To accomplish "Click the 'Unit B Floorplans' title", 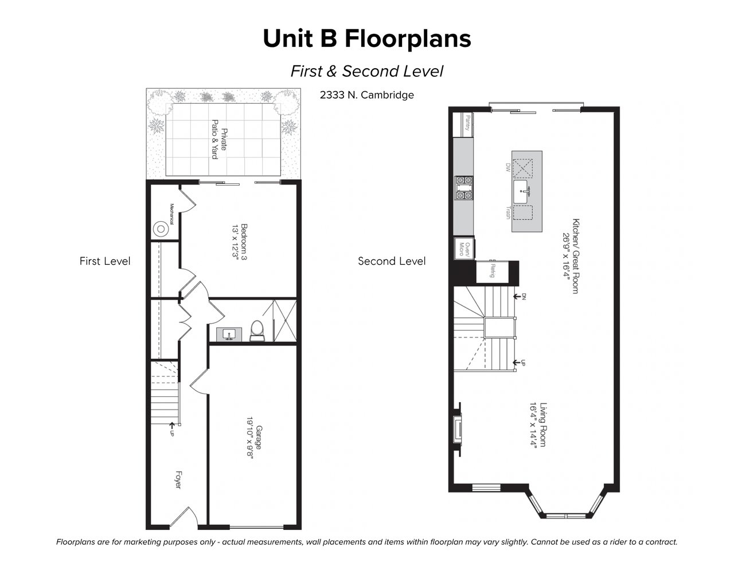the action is (x=367, y=38).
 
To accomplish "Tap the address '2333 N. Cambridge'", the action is (x=367, y=95).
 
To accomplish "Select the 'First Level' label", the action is (x=105, y=261).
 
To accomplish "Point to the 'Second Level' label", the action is (x=392, y=261).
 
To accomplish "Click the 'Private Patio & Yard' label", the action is (x=219, y=139).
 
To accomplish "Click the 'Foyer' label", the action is (x=178, y=480).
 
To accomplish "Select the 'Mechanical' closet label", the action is (x=171, y=214).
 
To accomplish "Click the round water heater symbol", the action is (x=161, y=229).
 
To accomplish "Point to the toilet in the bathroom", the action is (x=257, y=330).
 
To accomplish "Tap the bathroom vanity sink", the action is (x=229, y=334).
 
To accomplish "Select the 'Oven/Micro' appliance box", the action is (x=464, y=249).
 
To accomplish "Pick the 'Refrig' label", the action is (x=493, y=270).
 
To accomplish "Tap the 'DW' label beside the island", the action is (x=507, y=168).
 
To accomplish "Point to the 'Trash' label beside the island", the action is (x=507, y=213).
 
